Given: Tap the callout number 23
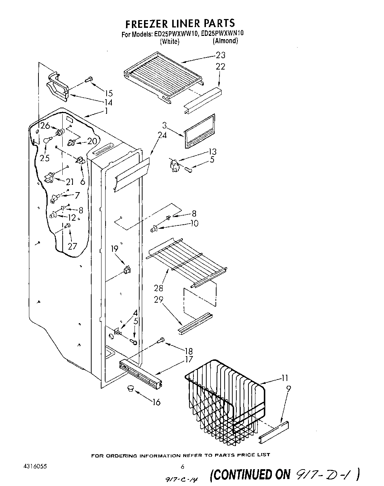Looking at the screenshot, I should [220, 55].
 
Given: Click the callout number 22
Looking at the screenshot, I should [220, 67].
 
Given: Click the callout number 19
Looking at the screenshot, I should [115, 249].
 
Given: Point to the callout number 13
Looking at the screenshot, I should [212, 152].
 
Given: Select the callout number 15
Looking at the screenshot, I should [108, 93].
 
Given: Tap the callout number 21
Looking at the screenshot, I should [70, 182].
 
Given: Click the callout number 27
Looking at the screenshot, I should [73, 246].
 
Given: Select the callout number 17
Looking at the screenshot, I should [189, 359].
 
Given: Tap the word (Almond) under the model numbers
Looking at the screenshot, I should [225, 41].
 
